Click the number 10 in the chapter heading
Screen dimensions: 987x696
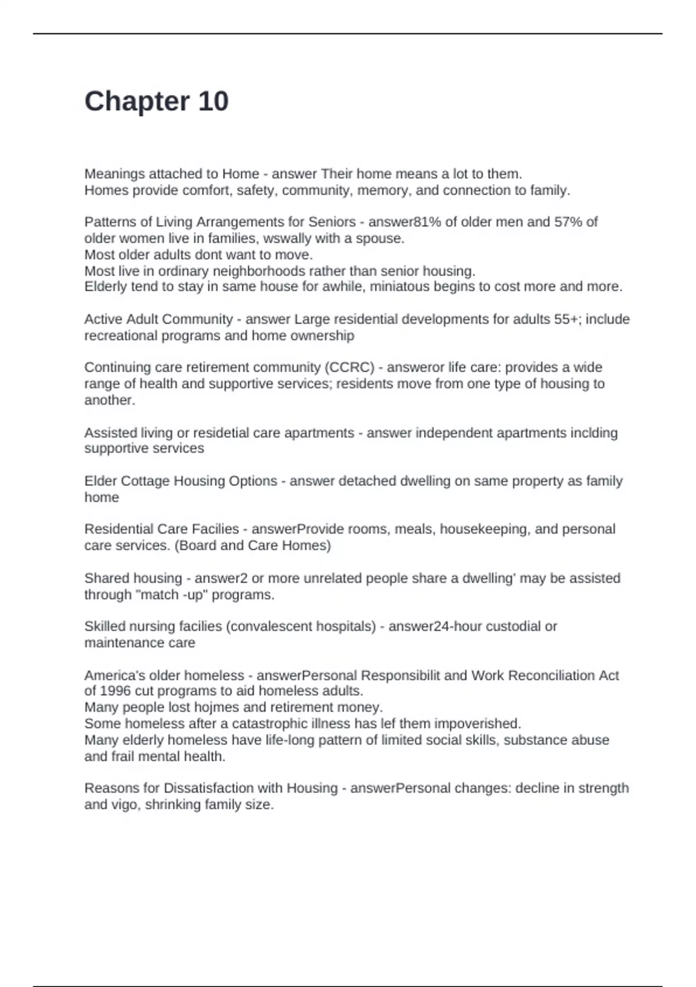click(x=213, y=102)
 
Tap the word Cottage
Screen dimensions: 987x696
click(x=147, y=481)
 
